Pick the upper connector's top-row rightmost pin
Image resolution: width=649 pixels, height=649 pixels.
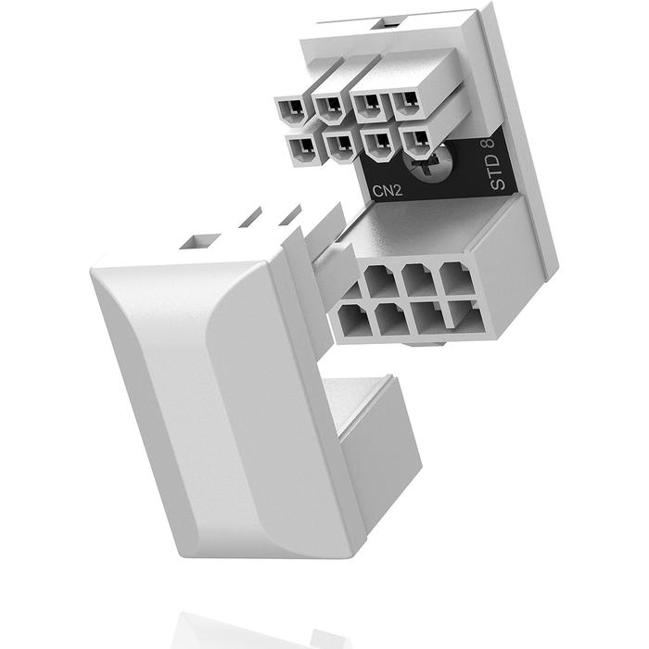[405, 103]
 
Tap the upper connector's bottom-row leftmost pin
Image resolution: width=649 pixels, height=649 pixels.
[301, 146]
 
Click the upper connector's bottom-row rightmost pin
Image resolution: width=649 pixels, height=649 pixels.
[418, 142]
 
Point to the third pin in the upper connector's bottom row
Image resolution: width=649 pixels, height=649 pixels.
[377, 144]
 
